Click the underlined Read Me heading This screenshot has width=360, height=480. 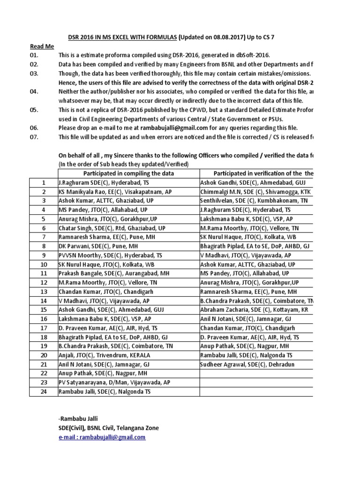pos(42,46)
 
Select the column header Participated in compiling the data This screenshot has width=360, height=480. pos(128,173)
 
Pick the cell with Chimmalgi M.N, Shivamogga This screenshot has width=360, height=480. pos(255,192)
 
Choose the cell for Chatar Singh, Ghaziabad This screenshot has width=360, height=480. pos(112,228)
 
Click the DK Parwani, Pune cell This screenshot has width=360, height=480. pos(104,246)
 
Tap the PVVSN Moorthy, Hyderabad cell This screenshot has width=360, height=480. pos(110,255)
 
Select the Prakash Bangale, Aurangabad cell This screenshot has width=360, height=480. pos(114,273)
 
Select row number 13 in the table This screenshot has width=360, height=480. pos(44,291)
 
